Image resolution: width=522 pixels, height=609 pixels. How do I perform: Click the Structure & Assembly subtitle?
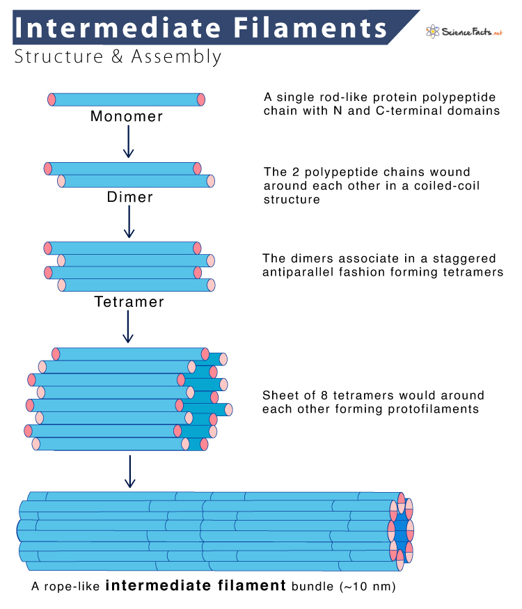[x=118, y=57]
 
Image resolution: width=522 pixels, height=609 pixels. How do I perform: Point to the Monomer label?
[x=127, y=116]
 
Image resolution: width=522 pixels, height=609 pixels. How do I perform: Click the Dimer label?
[x=129, y=197]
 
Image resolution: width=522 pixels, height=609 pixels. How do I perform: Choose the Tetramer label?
[x=129, y=302]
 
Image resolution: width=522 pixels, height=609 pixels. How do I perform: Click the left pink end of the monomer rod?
[x=52, y=99]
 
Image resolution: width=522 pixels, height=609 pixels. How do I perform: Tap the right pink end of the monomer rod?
[x=201, y=99]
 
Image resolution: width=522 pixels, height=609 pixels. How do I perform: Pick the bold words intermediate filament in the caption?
[x=196, y=586]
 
